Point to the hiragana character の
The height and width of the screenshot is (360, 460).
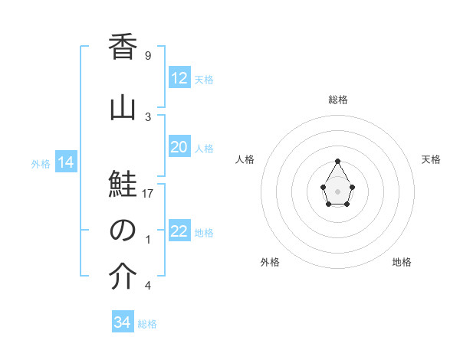[x=123, y=231]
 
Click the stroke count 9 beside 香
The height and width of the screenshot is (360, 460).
[x=147, y=56]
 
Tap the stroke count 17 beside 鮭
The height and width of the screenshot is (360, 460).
[x=148, y=194]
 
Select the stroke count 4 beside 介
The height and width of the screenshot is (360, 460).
[x=147, y=286]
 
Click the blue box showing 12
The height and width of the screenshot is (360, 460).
[x=179, y=78]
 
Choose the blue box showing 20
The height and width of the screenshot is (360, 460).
[x=179, y=147]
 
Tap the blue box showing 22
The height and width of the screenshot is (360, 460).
[x=179, y=231]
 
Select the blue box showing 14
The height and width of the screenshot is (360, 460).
[x=65, y=162]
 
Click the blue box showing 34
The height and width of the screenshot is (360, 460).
[x=123, y=322]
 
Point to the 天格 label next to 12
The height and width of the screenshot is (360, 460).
[x=204, y=79]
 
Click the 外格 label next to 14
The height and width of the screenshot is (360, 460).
[x=41, y=163]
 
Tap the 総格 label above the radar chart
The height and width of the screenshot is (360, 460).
[x=338, y=100]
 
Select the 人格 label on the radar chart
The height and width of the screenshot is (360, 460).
[x=245, y=159]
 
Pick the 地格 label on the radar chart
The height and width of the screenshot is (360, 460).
[x=402, y=262]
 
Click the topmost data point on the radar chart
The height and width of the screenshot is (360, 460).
[x=337, y=161]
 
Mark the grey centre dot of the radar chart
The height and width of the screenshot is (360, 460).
[x=337, y=190]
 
